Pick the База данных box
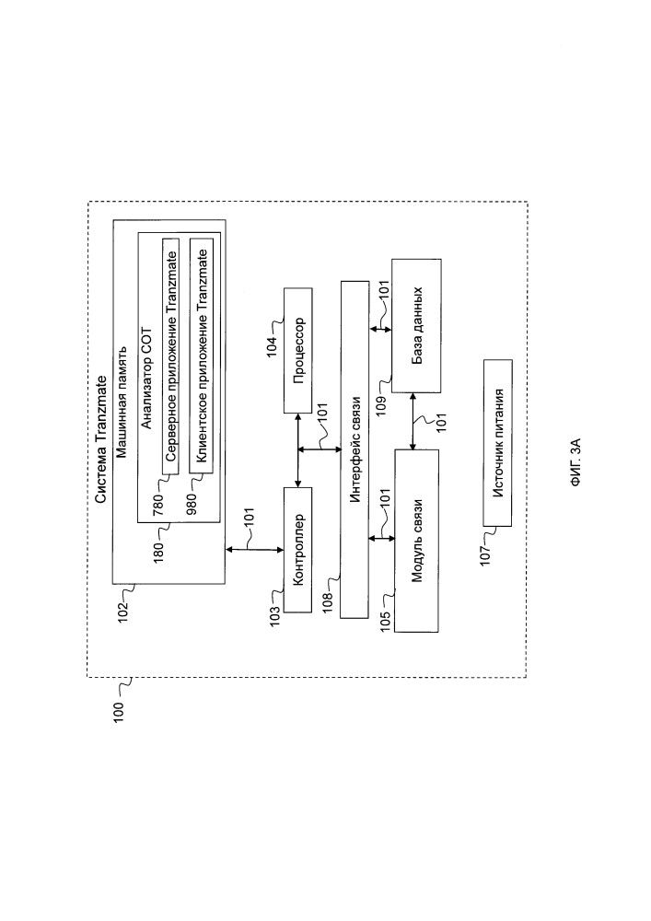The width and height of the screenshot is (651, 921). click(x=415, y=327)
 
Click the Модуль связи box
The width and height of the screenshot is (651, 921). click(x=416, y=541)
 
